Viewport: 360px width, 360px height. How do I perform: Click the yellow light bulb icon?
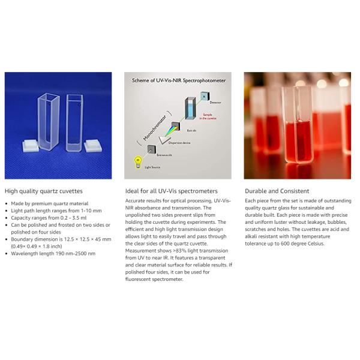(x=138, y=162)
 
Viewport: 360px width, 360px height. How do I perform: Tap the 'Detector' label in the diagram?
(x=215, y=103)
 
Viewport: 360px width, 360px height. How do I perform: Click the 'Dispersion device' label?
(x=179, y=143)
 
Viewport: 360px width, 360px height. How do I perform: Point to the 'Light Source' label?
(x=152, y=167)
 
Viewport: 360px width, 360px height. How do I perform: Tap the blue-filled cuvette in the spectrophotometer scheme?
(x=190, y=108)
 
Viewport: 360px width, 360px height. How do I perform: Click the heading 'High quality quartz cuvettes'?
(x=44, y=191)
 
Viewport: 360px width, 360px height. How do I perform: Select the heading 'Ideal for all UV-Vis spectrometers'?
(x=171, y=191)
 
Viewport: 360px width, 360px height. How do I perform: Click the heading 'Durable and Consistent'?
(x=277, y=191)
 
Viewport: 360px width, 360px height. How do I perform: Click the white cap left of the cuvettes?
(x=31, y=146)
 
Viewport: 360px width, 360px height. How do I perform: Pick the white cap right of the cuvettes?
(x=93, y=146)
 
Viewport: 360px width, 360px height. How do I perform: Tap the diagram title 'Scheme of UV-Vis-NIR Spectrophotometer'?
(x=179, y=80)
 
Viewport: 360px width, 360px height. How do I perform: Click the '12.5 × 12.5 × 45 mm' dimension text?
(x=88, y=239)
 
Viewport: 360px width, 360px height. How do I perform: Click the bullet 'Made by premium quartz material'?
(x=50, y=203)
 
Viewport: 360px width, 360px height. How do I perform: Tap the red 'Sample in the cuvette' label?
(x=208, y=116)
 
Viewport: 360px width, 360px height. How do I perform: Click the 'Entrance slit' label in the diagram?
(x=164, y=155)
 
